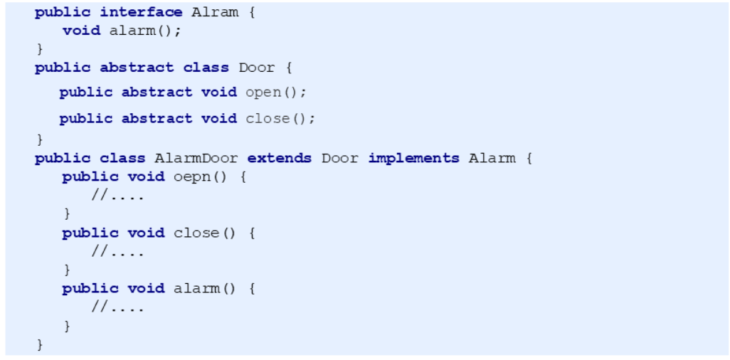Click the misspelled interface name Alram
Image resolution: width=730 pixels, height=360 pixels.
(x=216, y=13)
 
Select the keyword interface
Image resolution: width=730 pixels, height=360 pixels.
(x=142, y=13)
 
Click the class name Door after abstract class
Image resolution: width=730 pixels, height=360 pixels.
(x=257, y=68)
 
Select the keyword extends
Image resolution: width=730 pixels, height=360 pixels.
(x=280, y=158)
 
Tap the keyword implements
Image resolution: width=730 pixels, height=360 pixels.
(x=413, y=158)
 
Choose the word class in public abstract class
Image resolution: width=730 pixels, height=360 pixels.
(x=206, y=68)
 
